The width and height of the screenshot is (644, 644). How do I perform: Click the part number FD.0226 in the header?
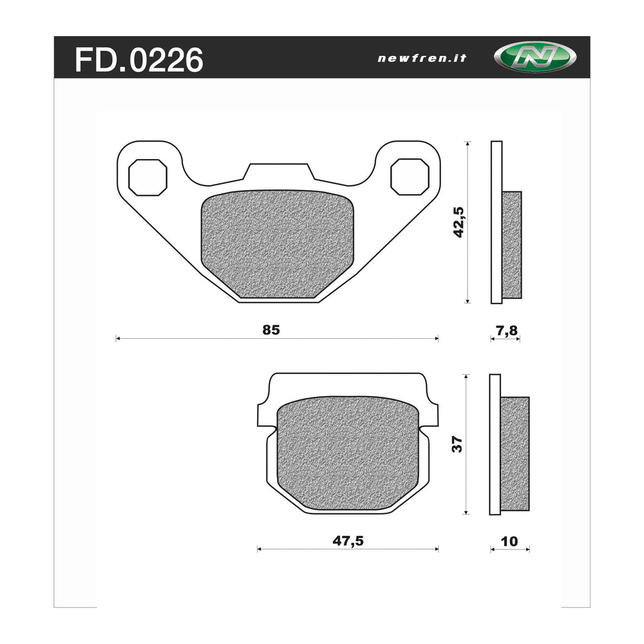coord(139,60)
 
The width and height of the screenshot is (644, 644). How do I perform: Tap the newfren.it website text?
coord(422,59)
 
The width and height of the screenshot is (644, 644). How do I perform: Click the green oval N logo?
coord(535,57)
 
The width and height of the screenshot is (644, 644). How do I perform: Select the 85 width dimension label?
coord(271,330)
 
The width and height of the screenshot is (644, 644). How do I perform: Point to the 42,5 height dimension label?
coord(458,222)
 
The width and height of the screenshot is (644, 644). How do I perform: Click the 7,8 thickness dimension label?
coord(507,330)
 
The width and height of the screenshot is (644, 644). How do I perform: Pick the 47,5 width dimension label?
coord(348,541)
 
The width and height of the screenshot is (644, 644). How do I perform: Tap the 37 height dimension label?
coord(457,444)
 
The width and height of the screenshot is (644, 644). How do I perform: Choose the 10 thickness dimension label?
coord(509,542)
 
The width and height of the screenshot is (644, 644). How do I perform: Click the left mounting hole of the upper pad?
coord(148,178)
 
